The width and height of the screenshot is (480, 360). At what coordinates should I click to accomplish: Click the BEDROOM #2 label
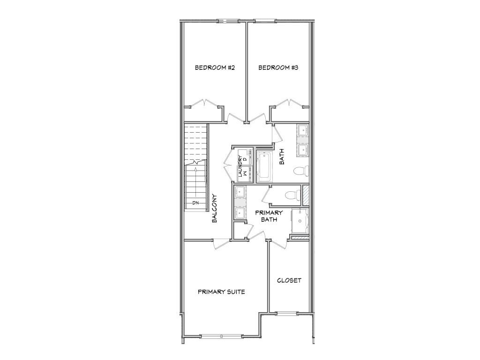(215, 67)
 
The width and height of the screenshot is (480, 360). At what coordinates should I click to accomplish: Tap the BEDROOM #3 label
(278, 67)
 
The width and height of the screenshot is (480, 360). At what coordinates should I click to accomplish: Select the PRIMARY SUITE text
(221, 292)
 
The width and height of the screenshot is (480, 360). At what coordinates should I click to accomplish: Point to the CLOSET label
(289, 280)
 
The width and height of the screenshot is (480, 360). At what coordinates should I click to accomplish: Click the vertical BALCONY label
(214, 209)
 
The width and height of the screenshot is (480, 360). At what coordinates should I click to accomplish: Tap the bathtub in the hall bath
(264, 166)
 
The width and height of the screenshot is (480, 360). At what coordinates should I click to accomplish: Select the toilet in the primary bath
(292, 195)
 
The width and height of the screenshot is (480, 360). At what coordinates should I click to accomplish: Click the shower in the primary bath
(300, 221)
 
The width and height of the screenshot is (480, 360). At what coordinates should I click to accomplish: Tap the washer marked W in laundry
(244, 174)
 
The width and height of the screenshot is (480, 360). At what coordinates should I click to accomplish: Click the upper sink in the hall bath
(303, 130)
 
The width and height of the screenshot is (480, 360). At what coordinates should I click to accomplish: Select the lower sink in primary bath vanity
(240, 213)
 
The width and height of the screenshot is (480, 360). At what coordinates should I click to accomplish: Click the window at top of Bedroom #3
(265, 21)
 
